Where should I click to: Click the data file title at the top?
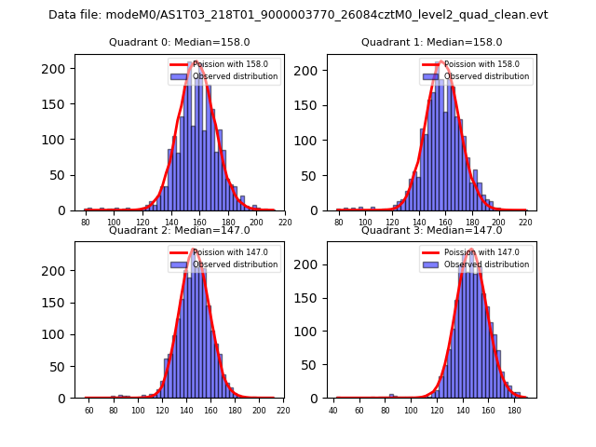point(298,15)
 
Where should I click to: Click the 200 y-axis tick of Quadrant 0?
point(59,69)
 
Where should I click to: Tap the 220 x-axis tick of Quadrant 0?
point(285,223)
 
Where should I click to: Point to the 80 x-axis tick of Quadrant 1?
point(339,223)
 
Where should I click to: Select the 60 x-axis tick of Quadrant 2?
point(89,410)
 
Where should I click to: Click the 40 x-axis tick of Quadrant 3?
point(333,410)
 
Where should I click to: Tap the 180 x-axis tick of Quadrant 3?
point(514,410)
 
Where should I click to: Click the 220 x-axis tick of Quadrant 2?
point(283,410)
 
